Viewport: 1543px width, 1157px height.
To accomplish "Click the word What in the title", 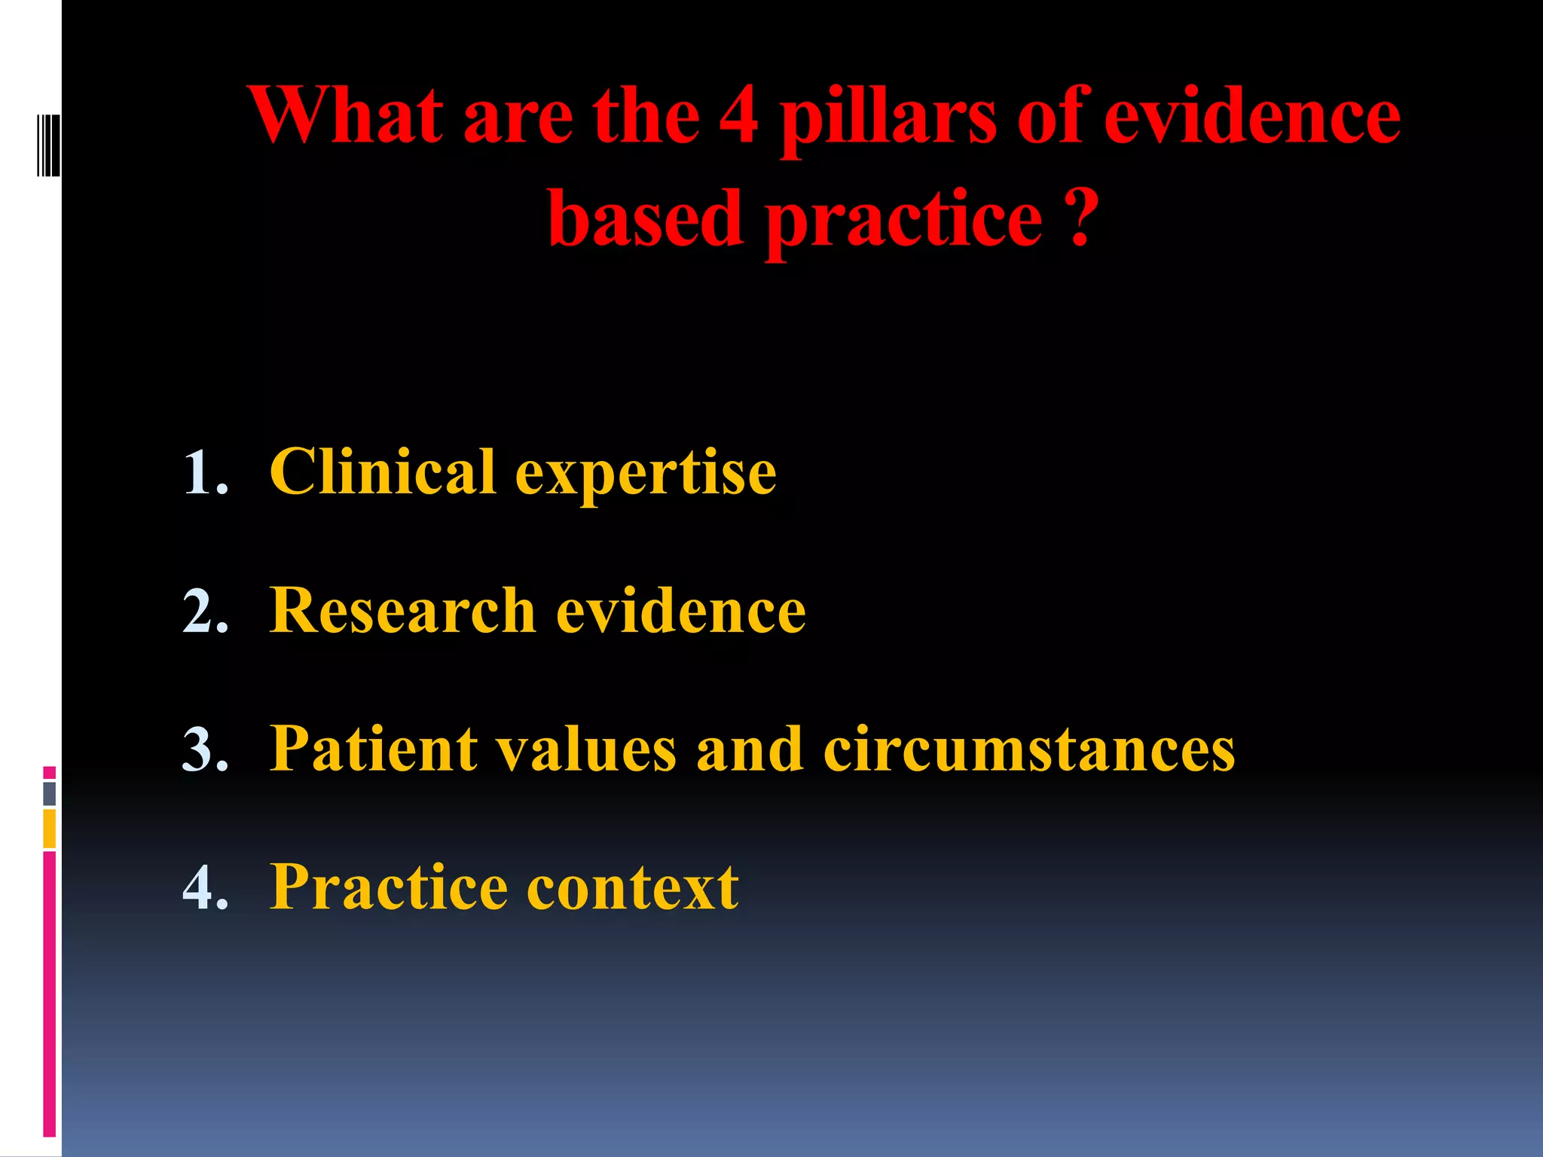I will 347,117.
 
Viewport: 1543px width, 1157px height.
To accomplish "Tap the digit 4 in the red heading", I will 738,117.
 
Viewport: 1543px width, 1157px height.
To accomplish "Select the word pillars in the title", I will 889,121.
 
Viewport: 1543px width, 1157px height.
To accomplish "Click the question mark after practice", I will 1082,218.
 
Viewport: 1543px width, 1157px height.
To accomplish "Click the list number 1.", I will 205,473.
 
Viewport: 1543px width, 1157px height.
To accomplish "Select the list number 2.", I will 205,611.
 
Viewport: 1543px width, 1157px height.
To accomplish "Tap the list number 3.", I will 205,749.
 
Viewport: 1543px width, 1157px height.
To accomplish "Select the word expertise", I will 646,476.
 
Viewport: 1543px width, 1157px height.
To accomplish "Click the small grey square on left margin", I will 50,793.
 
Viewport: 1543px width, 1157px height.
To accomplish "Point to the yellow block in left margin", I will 50,829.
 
